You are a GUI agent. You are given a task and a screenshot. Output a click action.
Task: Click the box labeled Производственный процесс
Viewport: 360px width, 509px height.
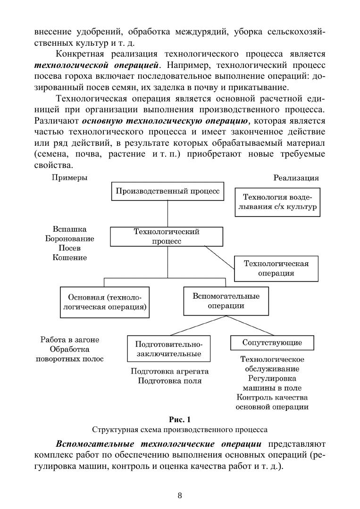pos(168,192)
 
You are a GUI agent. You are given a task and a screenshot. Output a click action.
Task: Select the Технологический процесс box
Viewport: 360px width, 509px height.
pos(167,236)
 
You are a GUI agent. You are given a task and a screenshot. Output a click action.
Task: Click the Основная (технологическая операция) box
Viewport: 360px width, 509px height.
pos(104,302)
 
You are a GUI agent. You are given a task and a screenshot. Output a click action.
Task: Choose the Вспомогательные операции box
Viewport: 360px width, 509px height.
pos(226,300)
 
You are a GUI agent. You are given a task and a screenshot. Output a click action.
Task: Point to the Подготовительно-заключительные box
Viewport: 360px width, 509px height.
pos(168,349)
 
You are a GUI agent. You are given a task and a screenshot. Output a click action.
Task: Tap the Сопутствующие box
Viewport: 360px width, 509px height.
pos(272,342)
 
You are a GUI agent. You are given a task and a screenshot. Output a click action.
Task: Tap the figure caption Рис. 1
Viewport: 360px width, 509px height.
pos(180,419)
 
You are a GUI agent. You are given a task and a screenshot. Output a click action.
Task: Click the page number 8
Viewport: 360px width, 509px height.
pos(180,495)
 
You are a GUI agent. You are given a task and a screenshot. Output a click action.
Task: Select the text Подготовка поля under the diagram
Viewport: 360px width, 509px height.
pos(169,381)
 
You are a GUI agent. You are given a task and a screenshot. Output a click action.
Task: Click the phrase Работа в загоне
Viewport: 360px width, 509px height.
pos(70,340)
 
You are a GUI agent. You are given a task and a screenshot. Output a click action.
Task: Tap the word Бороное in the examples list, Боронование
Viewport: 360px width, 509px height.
pos(67,239)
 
